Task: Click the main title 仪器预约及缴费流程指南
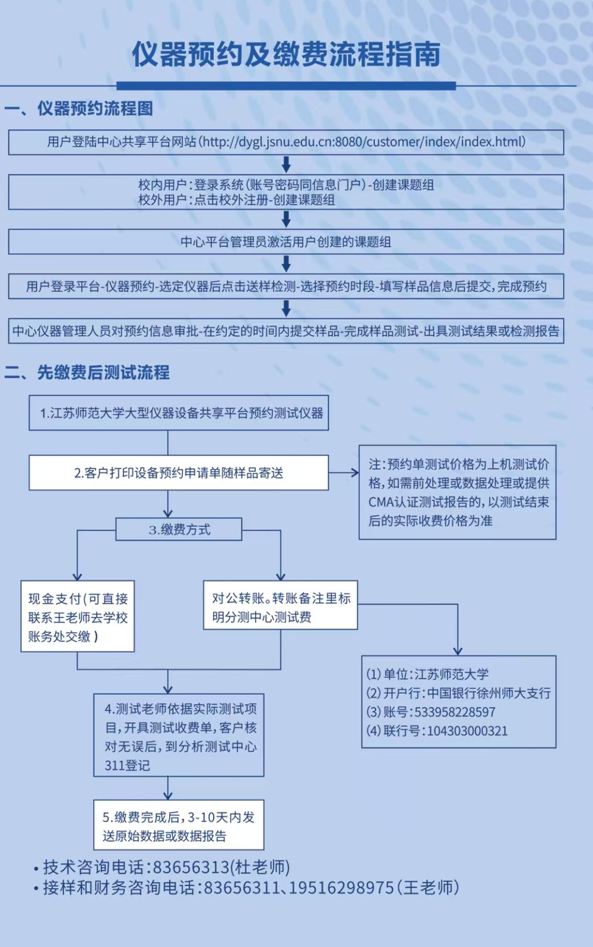(286, 55)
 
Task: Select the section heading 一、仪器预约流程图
(79, 109)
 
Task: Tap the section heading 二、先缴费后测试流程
(87, 373)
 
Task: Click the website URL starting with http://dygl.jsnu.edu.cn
(363, 142)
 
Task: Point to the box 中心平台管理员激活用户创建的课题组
(286, 242)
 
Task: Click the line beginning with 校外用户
(236, 200)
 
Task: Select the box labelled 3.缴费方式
(179, 529)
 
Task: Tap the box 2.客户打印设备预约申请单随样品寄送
(179, 473)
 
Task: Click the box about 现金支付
(78, 617)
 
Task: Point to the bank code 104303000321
(467, 731)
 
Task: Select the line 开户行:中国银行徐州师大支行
(458, 693)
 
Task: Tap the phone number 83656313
(191, 867)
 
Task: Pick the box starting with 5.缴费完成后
(178, 826)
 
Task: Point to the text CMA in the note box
(380, 502)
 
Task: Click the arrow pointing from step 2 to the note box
(344, 473)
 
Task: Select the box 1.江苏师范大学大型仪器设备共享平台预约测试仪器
(179, 413)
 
